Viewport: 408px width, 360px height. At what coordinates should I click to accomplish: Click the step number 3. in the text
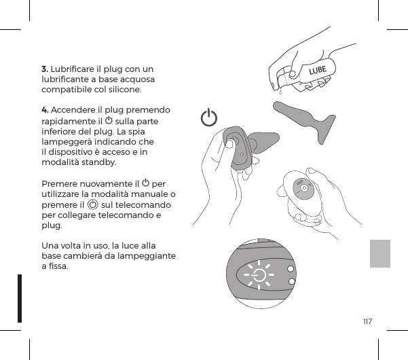click(x=45, y=69)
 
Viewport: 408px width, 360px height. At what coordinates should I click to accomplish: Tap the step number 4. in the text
click(x=45, y=110)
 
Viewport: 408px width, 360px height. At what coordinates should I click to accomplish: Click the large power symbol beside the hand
click(x=210, y=118)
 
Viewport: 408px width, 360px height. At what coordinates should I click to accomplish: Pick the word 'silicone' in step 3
click(x=124, y=89)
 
